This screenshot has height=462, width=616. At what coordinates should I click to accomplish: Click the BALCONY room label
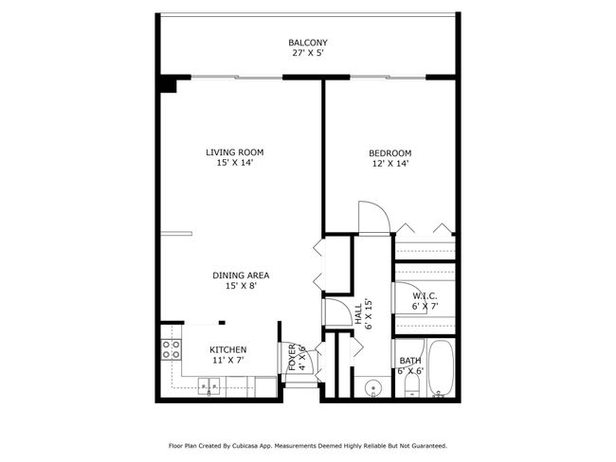pos(308,43)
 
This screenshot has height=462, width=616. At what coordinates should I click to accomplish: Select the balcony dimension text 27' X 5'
pos(308,54)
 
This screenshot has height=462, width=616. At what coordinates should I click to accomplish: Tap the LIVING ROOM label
pos(235,151)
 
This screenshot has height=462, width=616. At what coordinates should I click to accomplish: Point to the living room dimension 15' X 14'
pos(235,163)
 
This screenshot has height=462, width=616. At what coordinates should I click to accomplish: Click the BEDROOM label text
pos(390,153)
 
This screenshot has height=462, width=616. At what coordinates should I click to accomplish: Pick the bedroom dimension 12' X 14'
pos(390,165)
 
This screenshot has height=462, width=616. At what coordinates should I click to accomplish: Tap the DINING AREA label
pos(241,275)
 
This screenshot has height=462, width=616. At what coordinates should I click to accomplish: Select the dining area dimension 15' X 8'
pos(241,287)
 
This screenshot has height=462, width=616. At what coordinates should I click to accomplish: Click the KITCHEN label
pos(228,349)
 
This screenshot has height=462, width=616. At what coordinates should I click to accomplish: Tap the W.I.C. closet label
pos(424,296)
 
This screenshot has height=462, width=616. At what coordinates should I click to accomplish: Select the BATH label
pos(410,360)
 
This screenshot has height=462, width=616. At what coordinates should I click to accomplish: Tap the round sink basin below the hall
pos(373,387)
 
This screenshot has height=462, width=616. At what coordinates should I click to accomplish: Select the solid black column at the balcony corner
pos(169,84)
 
